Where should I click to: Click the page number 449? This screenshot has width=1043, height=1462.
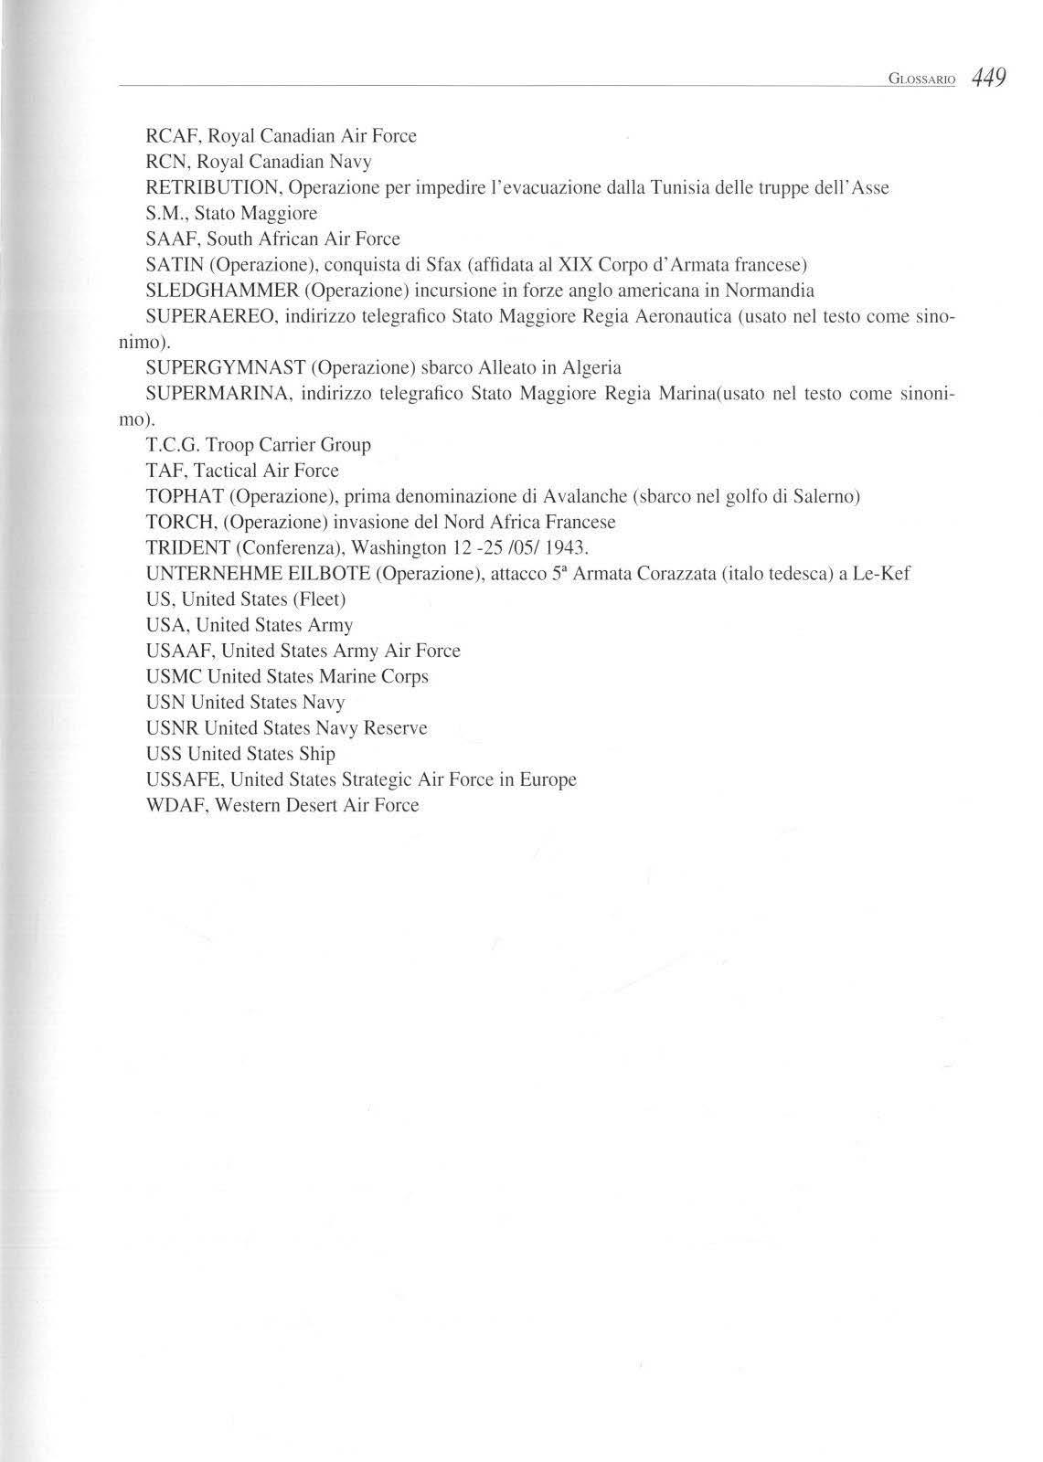tap(989, 77)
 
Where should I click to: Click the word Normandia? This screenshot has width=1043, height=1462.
tap(769, 291)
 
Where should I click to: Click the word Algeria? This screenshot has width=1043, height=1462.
tap(591, 368)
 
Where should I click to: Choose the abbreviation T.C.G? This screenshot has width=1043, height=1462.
tap(173, 445)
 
